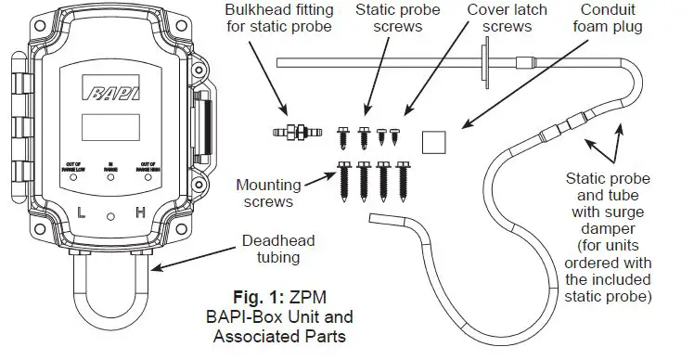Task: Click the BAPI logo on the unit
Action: (110, 92)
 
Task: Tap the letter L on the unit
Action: (83, 213)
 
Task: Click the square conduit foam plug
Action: (432, 141)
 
